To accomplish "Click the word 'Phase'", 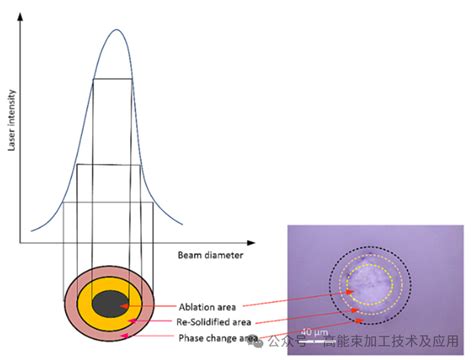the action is click(193, 338).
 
